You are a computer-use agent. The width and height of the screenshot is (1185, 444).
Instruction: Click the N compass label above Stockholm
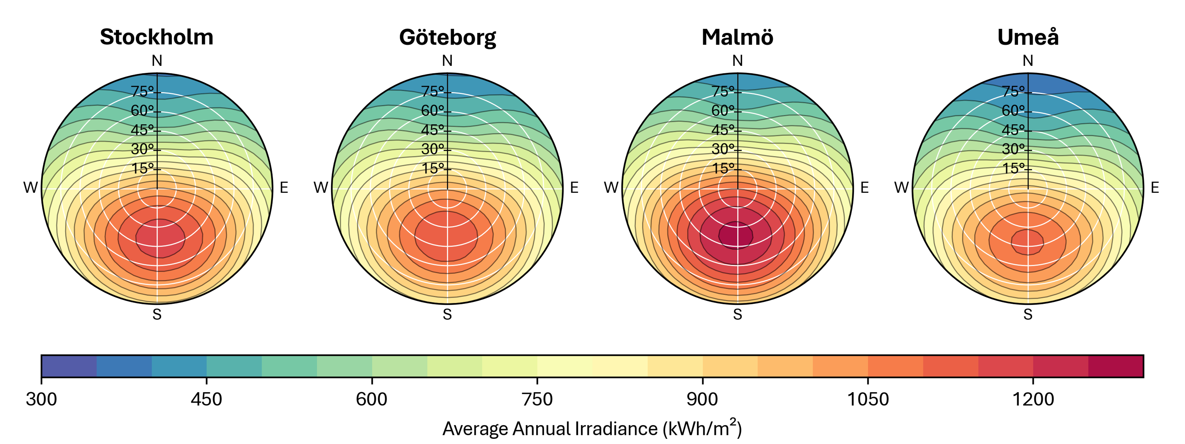[157, 61]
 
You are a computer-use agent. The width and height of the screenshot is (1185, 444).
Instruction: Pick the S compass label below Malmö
[737, 314]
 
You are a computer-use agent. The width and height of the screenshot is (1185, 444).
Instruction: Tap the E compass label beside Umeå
[1155, 188]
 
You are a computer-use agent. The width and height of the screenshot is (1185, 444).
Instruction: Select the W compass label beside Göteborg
[321, 188]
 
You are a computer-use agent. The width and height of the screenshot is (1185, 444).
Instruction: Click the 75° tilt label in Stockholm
[142, 91]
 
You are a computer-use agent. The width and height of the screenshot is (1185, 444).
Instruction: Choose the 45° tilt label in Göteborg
[432, 130]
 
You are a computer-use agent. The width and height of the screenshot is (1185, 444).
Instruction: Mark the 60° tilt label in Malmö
[723, 111]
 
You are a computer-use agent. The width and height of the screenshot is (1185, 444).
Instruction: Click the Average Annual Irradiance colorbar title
[592, 428]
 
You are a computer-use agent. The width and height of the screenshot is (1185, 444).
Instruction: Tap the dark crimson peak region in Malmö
[736, 235]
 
